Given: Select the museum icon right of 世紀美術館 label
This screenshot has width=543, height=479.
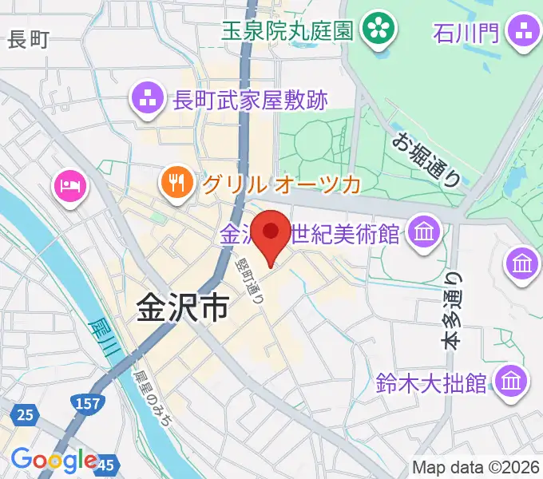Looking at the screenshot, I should point(423,234).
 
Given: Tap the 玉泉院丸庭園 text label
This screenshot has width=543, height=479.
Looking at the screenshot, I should point(287,31).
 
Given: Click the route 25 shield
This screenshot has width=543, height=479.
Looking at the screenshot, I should point(26,414).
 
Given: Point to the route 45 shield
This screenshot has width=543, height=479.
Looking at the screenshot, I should point(105,462).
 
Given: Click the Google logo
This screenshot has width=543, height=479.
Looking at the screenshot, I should point(54,461).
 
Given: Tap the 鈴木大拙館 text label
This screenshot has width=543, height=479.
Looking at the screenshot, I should point(431,382).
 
